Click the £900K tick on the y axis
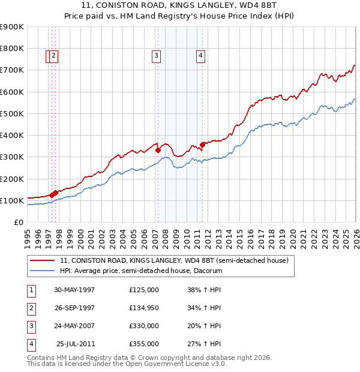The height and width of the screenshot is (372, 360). coord(11,27)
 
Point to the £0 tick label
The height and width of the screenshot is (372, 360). coord(19,223)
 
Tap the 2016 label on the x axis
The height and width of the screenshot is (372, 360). coord(251,239)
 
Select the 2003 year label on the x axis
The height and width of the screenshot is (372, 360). coord(113,239)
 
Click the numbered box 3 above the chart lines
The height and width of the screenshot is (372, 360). coord(156,56)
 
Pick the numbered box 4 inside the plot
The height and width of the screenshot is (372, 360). coord(200,56)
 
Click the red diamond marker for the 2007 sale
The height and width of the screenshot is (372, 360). coord(158,151)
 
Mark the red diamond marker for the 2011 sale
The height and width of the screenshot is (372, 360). coord(202,145)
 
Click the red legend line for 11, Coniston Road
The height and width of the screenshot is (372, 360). coord(42,260)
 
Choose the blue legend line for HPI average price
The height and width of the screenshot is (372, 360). coord(42,271)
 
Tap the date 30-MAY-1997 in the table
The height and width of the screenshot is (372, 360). coord(74,290)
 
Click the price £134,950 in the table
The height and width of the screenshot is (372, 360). coord(144,308)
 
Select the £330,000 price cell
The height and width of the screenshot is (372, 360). coord(144,326)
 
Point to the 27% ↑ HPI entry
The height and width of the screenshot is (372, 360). coord(204,344)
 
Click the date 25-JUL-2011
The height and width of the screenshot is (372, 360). coord(76,344)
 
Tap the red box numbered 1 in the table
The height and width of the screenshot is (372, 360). coord(31,291)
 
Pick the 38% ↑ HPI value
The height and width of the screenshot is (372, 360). coord(204,290)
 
